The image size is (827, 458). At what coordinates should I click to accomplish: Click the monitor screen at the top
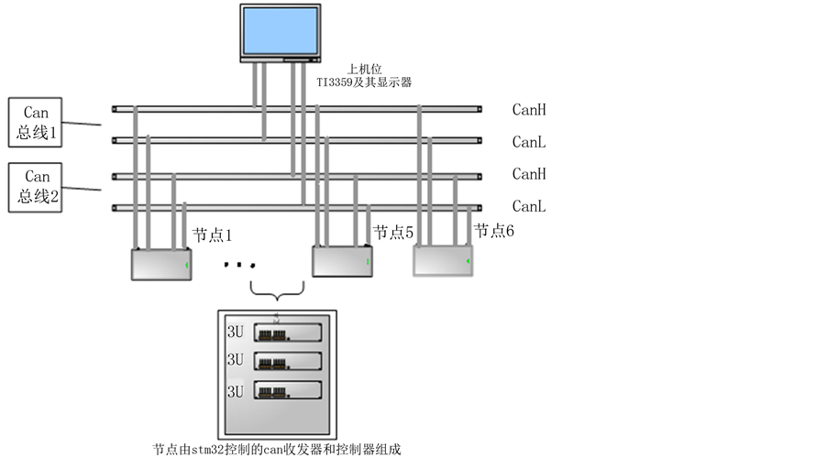[279, 30]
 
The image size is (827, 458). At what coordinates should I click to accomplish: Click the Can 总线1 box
[36, 124]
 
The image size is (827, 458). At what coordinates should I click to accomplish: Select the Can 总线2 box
[36, 187]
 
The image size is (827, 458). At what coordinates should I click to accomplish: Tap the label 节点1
[212, 235]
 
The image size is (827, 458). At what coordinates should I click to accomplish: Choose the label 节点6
[493, 230]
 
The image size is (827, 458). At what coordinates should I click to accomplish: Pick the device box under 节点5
[342, 261]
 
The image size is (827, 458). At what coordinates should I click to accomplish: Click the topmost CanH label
[529, 110]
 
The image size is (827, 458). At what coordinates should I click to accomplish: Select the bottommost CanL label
[529, 206]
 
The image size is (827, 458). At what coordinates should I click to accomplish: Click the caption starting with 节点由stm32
[277, 449]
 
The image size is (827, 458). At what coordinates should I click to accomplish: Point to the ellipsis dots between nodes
[237, 266]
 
